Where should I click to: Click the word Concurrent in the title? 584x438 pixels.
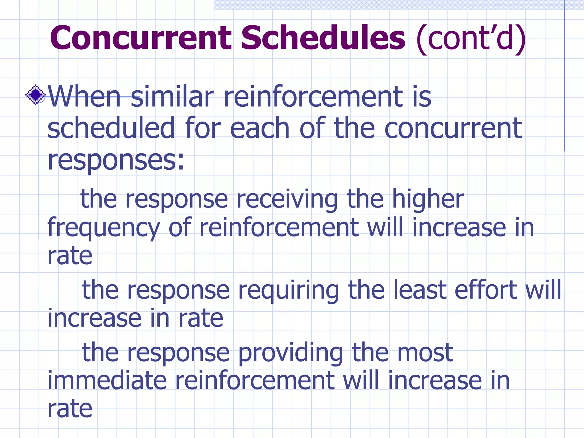[141, 38]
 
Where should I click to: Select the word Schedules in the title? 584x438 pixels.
[323, 38]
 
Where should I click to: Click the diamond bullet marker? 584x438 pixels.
[35, 95]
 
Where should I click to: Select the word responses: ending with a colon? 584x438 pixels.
[116, 160]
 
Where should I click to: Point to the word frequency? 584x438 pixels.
[104, 228]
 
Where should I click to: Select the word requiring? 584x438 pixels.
[288, 290]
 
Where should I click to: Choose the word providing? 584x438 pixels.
[290, 353]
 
